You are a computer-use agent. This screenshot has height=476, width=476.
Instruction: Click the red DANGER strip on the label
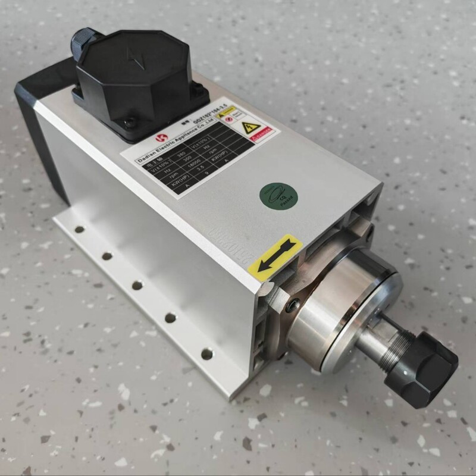pos(260,133)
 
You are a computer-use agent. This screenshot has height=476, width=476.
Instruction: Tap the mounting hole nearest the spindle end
pos(206,354)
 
